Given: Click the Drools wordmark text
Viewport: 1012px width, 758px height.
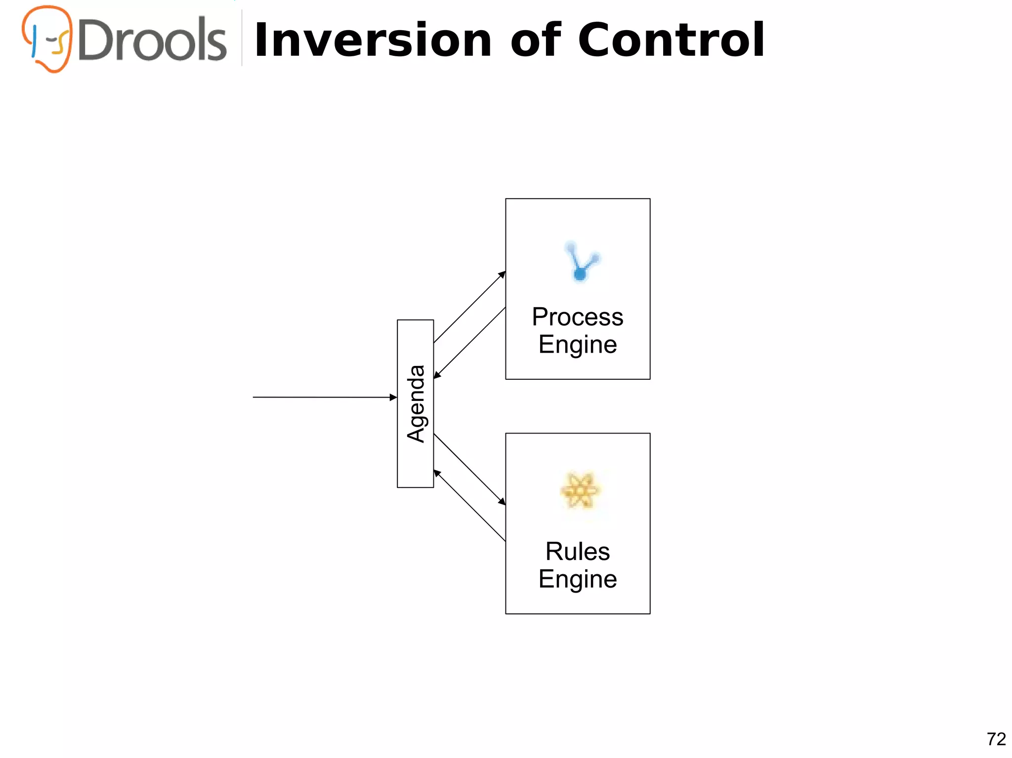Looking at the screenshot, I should click(x=152, y=40).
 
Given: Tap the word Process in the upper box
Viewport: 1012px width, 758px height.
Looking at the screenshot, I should click(x=577, y=317).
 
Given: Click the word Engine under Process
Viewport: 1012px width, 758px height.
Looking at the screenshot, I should click(x=577, y=344).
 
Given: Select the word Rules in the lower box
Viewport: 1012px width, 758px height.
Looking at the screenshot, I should click(x=577, y=551).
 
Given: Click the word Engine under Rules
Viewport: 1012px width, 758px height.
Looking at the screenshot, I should click(x=577, y=579).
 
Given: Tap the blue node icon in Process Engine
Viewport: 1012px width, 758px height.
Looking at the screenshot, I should click(x=581, y=261).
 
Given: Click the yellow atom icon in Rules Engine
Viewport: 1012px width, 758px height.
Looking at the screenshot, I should click(x=580, y=490).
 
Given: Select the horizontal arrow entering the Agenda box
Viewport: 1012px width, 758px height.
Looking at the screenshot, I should click(x=324, y=397).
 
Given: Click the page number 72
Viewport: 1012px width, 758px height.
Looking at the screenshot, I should click(x=996, y=739).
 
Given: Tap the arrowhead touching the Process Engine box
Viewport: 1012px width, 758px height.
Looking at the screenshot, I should click(x=502, y=274).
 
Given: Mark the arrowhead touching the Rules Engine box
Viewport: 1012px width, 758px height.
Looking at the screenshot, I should click(x=502, y=502).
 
